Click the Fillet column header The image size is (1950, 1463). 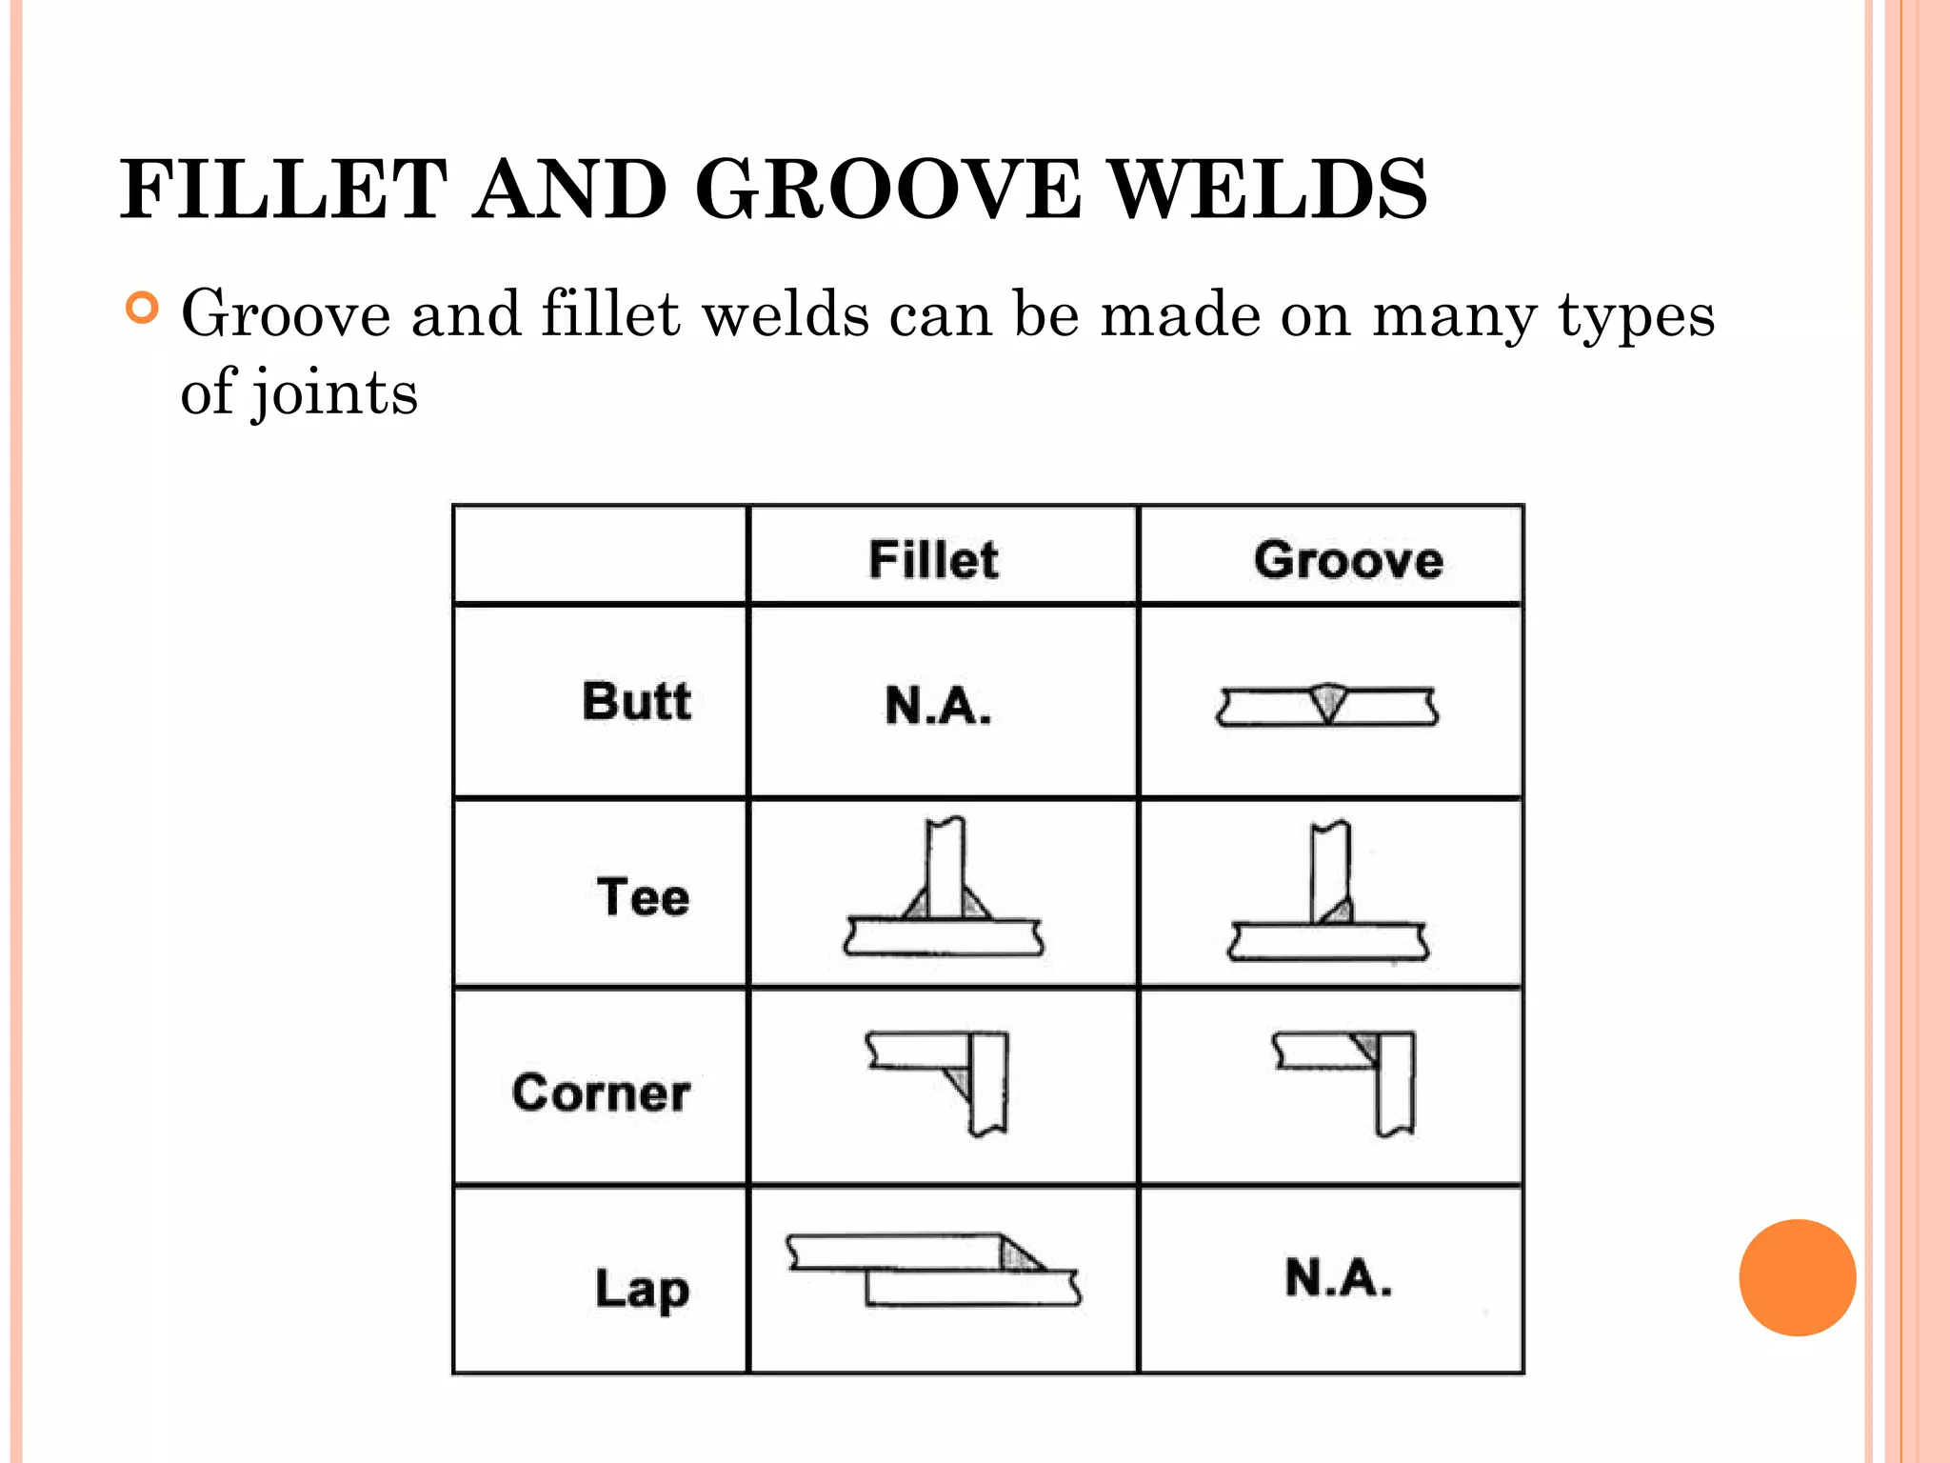coord(933,559)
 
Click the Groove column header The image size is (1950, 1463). coord(1348,559)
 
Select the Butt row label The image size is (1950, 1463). coord(636,702)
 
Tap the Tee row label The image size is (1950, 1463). coord(644,897)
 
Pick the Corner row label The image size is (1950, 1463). coord(601,1092)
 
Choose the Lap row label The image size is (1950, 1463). coord(643,1289)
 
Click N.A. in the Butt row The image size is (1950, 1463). coord(938,706)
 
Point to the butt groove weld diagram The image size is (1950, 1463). coord(1327,706)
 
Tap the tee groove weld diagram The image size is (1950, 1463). coord(1329,892)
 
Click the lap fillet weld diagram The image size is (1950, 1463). coord(933,1271)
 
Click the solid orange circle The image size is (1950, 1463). coord(1797,1277)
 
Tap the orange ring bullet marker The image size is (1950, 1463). coord(142,309)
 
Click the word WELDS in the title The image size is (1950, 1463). coord(1270,190)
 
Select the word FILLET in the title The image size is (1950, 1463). coord(284,190)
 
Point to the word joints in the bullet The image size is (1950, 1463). coord(334,393)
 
